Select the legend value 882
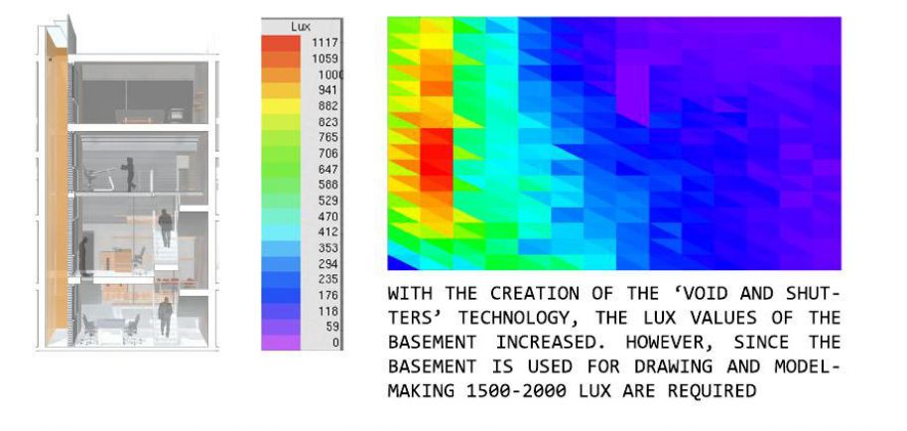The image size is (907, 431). click(x=328, y=106)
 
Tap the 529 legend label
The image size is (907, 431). click(x=328, y=201)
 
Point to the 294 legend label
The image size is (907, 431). click(x=328, y=264)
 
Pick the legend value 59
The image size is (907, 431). click(x=332, y=327)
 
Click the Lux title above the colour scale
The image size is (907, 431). click(x=301, y=27)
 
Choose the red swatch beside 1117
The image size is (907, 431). click(x=281, y=44)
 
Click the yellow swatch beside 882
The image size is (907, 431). click(x=281, y=106)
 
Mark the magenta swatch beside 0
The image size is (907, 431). click(x=281, y=343)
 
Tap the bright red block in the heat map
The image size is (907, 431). click(x=437, y=160)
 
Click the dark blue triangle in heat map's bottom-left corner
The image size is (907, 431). click(x=399, y=262)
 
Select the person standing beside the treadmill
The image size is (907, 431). click(x=130, y=174)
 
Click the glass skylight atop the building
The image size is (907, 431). click(x=59, y=37)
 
